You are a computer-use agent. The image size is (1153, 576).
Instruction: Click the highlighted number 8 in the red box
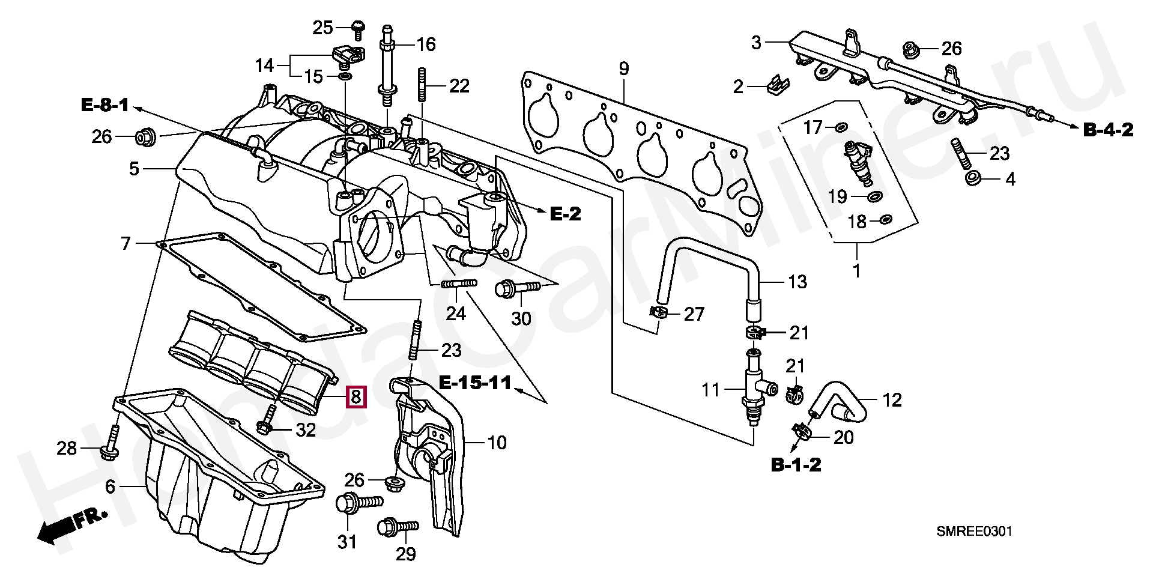(355, 396)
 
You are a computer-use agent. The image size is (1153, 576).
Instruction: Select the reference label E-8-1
(105, 106)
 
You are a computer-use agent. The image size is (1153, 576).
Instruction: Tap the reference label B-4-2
(1108, 129)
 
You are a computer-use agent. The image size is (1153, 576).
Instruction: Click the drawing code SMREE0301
(974, 532)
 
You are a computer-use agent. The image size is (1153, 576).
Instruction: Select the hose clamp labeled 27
(659, 312)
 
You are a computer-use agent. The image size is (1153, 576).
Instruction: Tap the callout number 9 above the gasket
(623, 69)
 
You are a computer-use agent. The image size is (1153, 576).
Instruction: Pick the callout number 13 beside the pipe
(797, 281)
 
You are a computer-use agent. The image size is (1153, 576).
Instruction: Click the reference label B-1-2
(796, 464)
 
